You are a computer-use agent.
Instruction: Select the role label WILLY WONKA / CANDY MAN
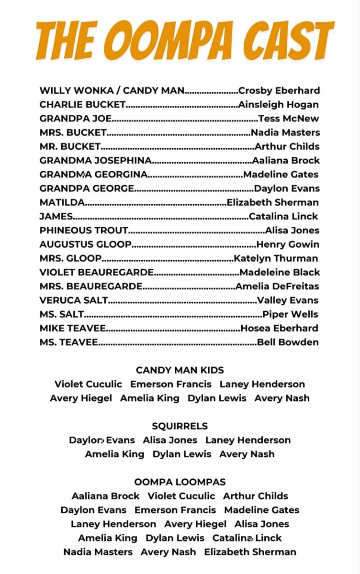tap(112, 90)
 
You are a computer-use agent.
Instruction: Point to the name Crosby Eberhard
tap(279, 90)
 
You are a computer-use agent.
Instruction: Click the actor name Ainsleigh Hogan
tap(278, 104)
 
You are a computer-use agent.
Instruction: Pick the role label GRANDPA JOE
tap(76, 119)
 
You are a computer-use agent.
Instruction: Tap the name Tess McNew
tap(289, 119)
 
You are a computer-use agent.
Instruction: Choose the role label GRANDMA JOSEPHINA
tap(96, 160)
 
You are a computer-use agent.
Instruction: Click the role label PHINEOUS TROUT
tap(84, 230)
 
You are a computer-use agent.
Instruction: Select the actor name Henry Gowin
tap(288, 244)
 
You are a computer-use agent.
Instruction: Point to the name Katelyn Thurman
tap(276, 258)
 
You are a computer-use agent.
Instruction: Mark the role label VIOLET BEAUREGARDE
tap(97, 272)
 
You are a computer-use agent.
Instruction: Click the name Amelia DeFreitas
tap(277, 287)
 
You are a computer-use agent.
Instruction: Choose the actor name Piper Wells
tap(291, 314)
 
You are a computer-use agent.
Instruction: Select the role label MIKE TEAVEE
tap(73, 328)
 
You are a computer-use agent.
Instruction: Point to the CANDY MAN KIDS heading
tap(180, 370)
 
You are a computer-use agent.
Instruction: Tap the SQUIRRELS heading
tap(180, 426)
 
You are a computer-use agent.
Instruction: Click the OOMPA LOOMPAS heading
tap(180, 482)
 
